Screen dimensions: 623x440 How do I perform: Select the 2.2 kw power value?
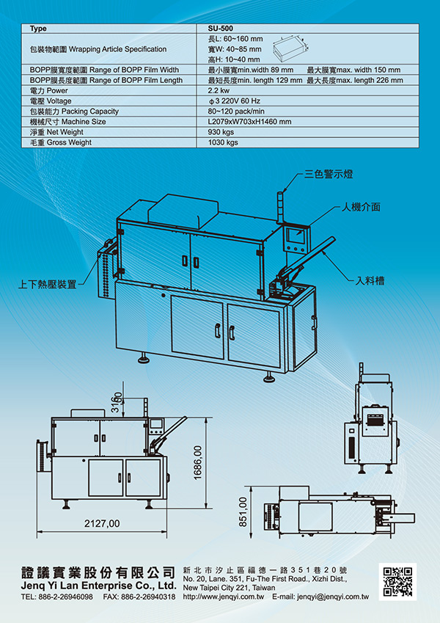[x=219, y=90]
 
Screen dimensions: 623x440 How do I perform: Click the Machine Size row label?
[x=68, y=122]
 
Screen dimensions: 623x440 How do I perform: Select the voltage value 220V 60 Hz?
[x=236, y=101]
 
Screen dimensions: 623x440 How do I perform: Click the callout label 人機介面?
[x=360, y=207]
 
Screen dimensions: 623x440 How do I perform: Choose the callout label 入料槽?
[x=371, y=280]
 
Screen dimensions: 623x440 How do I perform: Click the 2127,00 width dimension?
[x=102, y=524]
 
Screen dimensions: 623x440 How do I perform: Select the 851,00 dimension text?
[x=243, y=511]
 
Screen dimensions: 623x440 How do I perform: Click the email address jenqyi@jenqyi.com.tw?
[x=331, y=598]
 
